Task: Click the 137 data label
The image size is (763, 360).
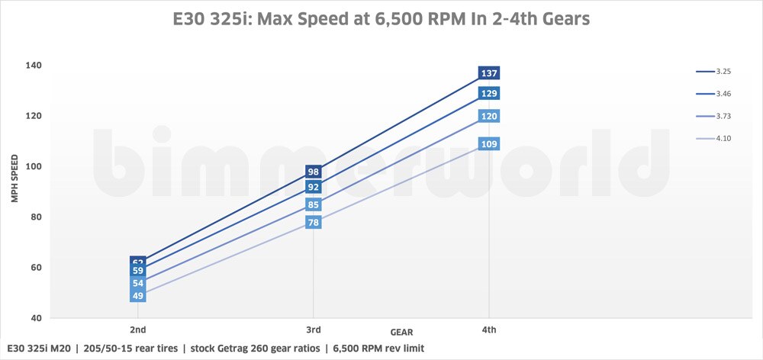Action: pyautogui.click(x=488, y=73)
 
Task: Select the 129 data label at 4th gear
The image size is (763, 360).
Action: pyautogui.click(x=488, y=93)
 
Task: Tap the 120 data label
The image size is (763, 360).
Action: pyautogui.click(x=488, y=116)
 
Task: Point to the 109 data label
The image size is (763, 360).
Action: pyautogui.click(x=488, y=143)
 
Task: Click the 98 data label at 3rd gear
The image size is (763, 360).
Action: pyautogui.click(x=313, y=172)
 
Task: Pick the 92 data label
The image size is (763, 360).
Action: pyautogui.click(x=313, y=187)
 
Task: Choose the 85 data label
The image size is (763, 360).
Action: pyautogui.click(x=313, y=204)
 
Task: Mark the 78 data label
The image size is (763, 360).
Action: pyautogui.click(x=313, y=222)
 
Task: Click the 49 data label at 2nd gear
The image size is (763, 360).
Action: pyautogui.click(x=138, y=296)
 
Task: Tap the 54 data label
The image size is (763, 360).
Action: pyautogui.click(x=138, y=283)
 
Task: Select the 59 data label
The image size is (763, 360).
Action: pyautogui.click(x=138, y=271)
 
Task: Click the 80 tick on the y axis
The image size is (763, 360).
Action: pyautogui.click(x=36, y=217)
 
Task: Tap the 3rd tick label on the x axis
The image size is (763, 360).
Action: pyautogui.click(x=313, y=329)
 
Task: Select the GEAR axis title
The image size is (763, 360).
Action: pyautogui.click(x=402, y=333)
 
